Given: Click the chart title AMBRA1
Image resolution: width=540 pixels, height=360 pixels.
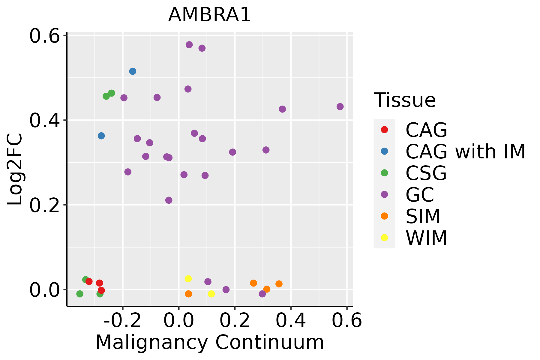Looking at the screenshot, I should tap(209, 15).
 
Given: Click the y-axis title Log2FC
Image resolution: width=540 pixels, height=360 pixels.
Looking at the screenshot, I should tap(15, 169).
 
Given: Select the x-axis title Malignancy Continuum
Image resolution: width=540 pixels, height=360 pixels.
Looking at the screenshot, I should tap(210, 342).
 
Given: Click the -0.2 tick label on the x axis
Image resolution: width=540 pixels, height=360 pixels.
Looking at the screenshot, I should tap(122, 321).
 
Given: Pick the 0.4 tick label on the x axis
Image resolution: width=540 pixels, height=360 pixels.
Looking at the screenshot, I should tap(291, 321).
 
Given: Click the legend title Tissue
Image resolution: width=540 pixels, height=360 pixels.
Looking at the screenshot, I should tap(405, 100).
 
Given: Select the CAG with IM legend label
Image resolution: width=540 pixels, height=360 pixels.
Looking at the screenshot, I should tap(465, 151).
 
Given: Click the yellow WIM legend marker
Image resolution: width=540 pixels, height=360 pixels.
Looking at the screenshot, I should tap(384, 238).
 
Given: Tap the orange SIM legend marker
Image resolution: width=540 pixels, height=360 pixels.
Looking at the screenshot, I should tap(384, 216).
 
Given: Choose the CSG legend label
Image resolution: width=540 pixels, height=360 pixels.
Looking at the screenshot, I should tap(426, 173).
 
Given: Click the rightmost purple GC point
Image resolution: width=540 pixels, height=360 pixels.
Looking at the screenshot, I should tap(340, 106).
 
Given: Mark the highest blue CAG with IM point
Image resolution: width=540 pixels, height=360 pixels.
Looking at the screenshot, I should tap(133, 71).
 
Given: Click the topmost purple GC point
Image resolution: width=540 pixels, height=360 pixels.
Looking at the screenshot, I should tap(189, 45).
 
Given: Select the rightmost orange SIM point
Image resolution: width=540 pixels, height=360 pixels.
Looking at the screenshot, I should tap(279, 284).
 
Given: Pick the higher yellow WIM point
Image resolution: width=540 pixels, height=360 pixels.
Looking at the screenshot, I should tap(188, 279).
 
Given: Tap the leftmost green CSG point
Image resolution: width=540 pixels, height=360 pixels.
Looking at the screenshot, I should tap(80, 294).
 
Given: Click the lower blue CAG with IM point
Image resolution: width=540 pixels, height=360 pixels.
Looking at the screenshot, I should tap(101, 136).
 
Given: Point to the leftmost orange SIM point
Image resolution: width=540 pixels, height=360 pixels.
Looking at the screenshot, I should tap(188, 294).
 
